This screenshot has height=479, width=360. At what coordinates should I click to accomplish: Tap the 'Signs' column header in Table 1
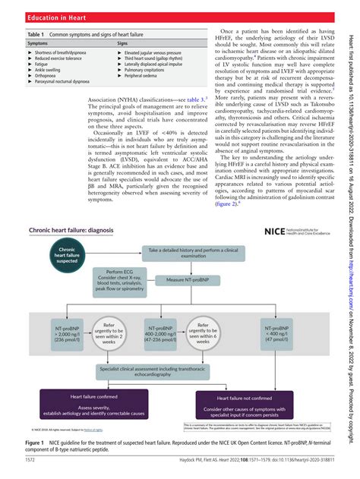122,44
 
